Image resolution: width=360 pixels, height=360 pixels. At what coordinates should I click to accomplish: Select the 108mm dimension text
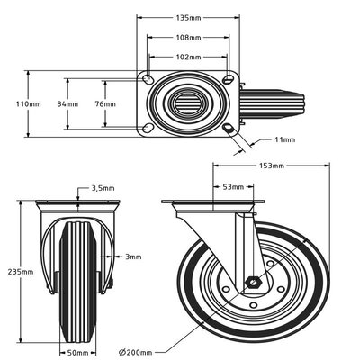187,38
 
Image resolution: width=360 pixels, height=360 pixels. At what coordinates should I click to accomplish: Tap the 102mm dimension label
187,57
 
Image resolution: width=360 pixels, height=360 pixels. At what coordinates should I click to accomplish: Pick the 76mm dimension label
105,104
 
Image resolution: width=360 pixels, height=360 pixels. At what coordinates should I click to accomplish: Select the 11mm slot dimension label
284,140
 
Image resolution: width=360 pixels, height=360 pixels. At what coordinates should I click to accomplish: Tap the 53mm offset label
232,187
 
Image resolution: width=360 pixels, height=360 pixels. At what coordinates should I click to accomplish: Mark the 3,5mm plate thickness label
103,188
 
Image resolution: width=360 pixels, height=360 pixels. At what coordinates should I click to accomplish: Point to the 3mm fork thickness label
133,256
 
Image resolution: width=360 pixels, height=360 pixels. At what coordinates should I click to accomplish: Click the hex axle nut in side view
255,282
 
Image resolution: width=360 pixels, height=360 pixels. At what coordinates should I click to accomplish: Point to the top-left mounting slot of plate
146,78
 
